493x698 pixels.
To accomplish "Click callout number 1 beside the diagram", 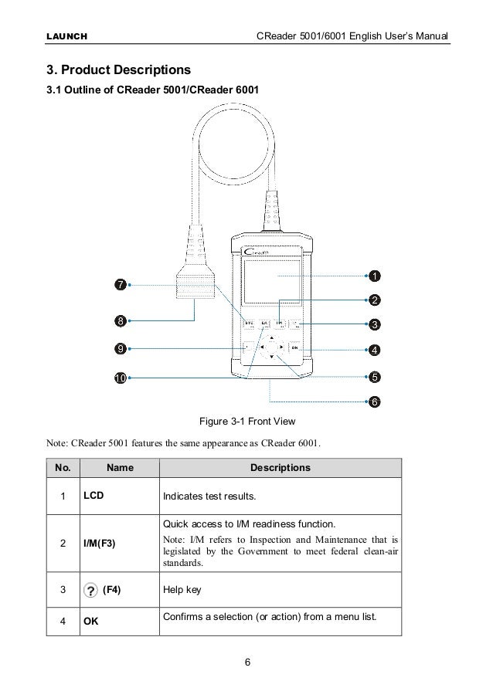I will coord(373,276).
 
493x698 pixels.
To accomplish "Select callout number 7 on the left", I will coord(121,285).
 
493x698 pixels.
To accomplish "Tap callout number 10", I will coord(121,378).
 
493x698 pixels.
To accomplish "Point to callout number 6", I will coord(373,402).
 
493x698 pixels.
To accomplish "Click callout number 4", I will coord(373,350).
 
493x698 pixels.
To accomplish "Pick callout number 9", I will coord(121,348).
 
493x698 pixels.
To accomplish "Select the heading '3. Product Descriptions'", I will coord(119,71).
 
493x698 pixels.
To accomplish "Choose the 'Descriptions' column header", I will coord(280,467).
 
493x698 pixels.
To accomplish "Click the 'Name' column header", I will coord(120,467).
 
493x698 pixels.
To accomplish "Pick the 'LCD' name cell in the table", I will coord(93,494).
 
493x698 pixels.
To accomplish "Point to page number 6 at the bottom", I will coord(246,661).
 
